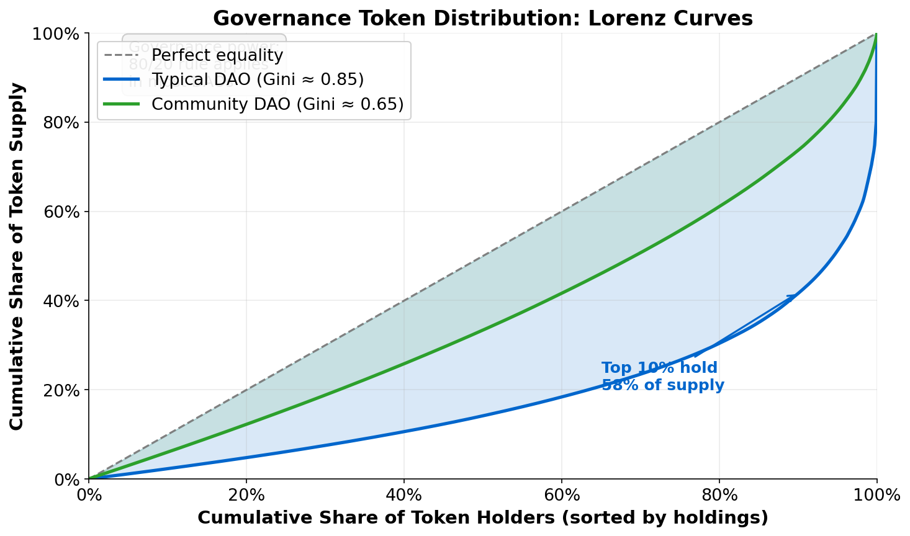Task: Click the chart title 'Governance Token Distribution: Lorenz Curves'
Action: click(482, 18)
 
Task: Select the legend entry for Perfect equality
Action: click(217, 55)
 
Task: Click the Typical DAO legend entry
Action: click(257, 79)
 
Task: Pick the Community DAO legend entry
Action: click(277, 104)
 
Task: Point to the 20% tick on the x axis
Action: click(246, 495)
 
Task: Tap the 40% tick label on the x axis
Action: click(404, 495)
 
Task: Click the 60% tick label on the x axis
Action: click(562, 495)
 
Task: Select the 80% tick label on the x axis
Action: click(719, 495)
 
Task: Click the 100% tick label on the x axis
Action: click(876, 495)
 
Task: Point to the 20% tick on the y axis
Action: click(63, 390)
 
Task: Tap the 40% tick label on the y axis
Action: click(63, 301)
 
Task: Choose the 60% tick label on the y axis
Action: click(63, 212)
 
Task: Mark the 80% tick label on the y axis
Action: click(63, 123)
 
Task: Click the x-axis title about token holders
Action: click(482, 517)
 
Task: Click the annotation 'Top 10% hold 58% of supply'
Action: click(662, 377)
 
